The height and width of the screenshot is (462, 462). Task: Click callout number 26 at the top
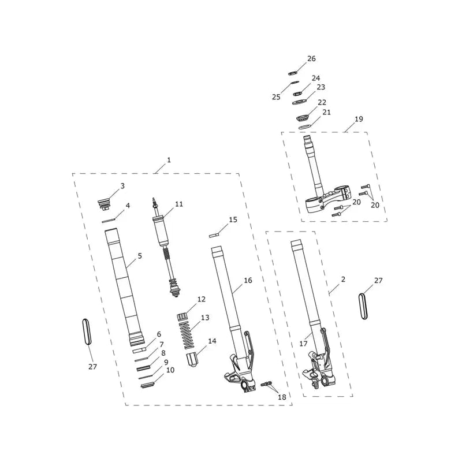tap(311, 59)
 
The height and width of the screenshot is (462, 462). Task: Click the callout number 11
tap(179, 204)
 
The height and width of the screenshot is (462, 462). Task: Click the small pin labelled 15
tap(214, 236)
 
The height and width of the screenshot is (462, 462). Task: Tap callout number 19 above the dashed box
tap(359, 119)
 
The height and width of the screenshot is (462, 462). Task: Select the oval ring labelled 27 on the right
tap(364, 306)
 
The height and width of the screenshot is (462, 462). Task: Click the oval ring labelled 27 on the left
tap(86, 331)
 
